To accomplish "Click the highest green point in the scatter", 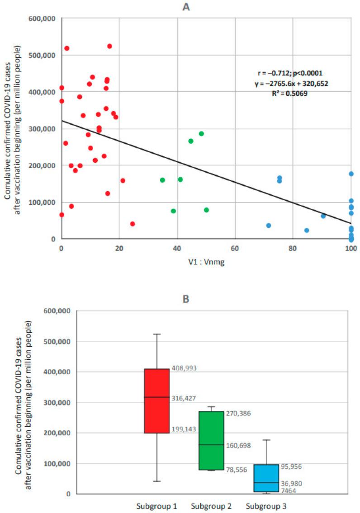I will (201, 134).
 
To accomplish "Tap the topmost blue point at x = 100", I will (351, 174).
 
